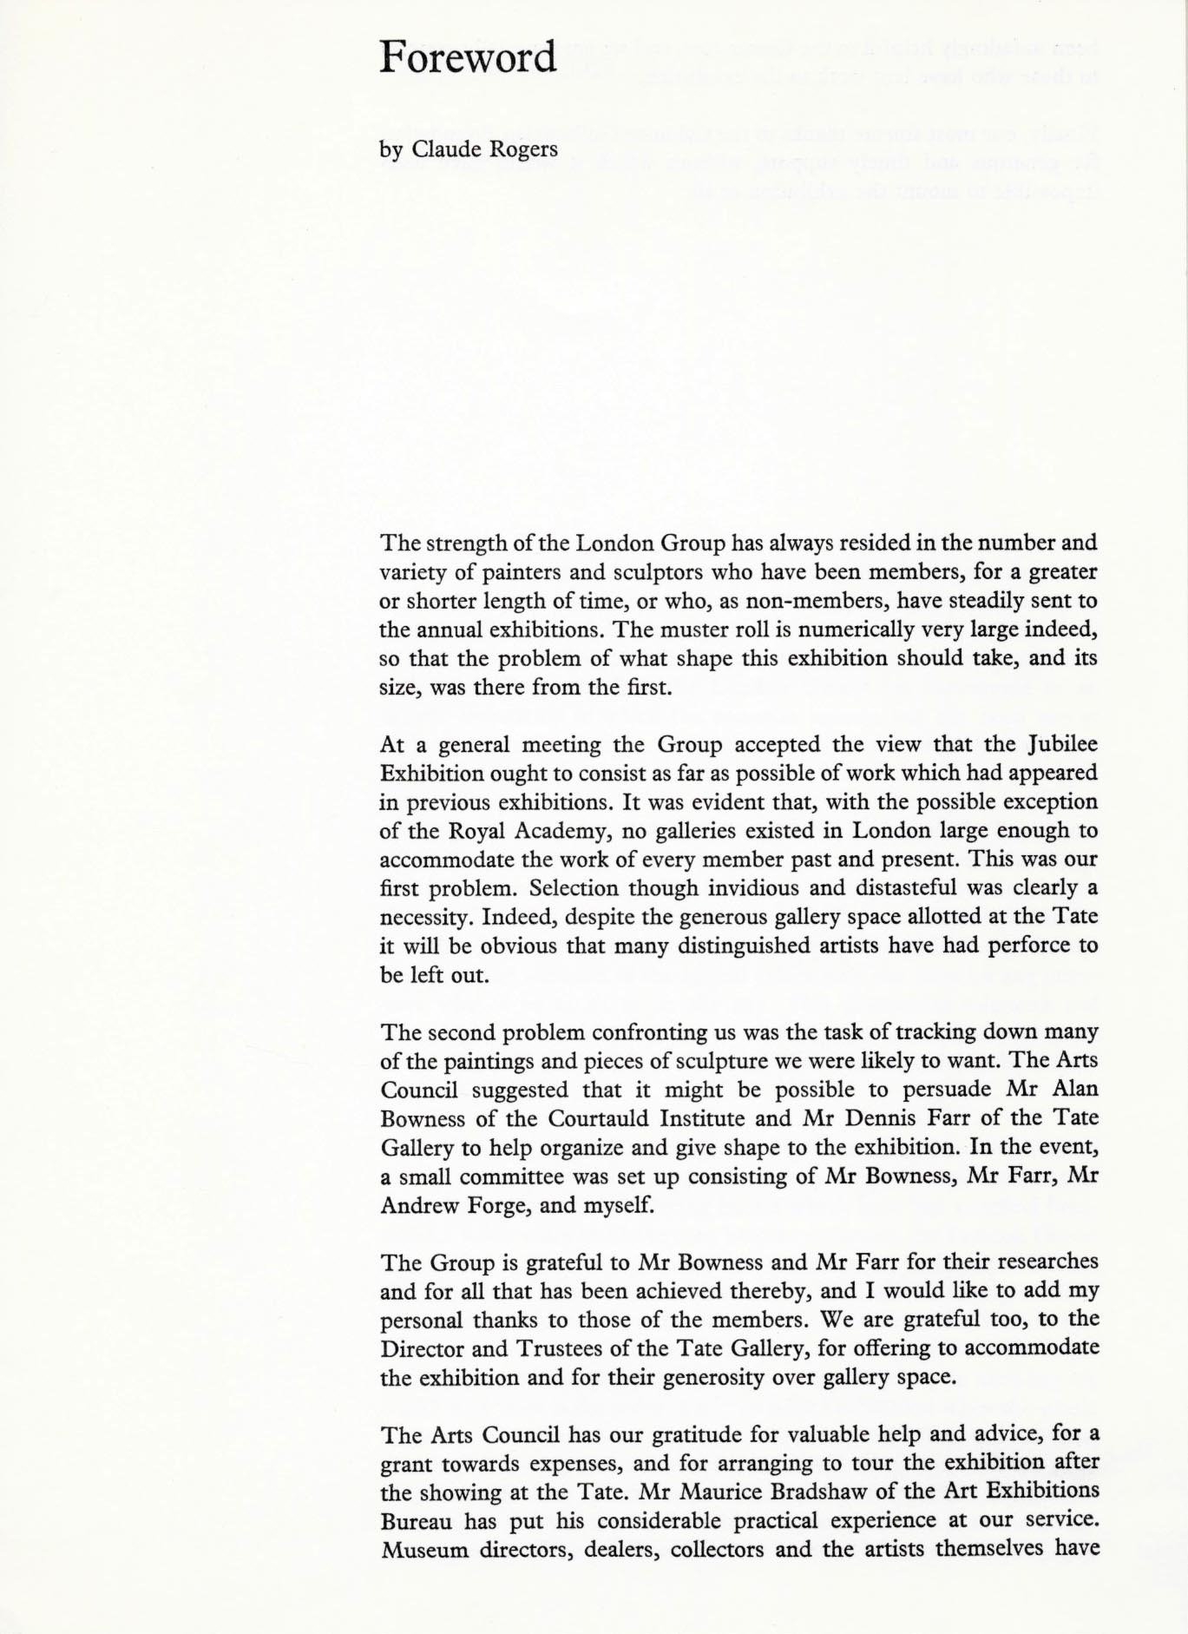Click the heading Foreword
click(468, 57)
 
